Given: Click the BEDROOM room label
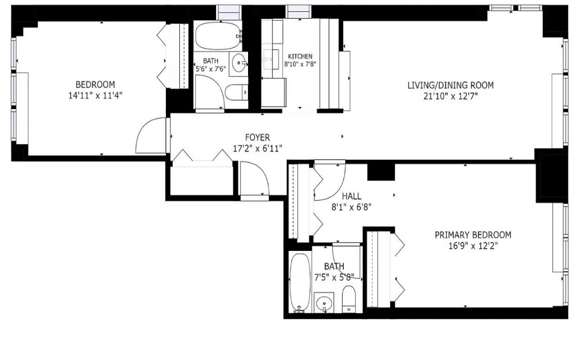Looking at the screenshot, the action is [x=95, y=84].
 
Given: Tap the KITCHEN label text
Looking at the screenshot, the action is [x=300, y=56].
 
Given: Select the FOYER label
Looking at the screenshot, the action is [x=258, y=137].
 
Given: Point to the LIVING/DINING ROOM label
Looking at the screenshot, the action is [x=451, y=85].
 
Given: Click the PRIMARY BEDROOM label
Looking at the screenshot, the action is [x=472, y=235].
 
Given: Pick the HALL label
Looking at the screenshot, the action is [x=352, y=196].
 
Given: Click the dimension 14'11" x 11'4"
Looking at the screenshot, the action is [x=95, y=96].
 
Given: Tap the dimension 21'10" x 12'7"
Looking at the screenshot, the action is [x=451, y=97].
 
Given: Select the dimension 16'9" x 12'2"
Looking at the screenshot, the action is [x=472, y=246].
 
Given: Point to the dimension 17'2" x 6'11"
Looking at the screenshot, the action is [x=258, y=148].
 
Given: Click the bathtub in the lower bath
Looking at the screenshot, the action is [x=300, y=282].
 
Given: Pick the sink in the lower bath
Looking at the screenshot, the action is [x=324, y=303].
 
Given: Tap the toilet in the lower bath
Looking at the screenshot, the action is [x=349, y=299].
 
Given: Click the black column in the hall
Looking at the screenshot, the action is [x=381, y=172].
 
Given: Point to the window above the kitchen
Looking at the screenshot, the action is [x=299, y=11].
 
